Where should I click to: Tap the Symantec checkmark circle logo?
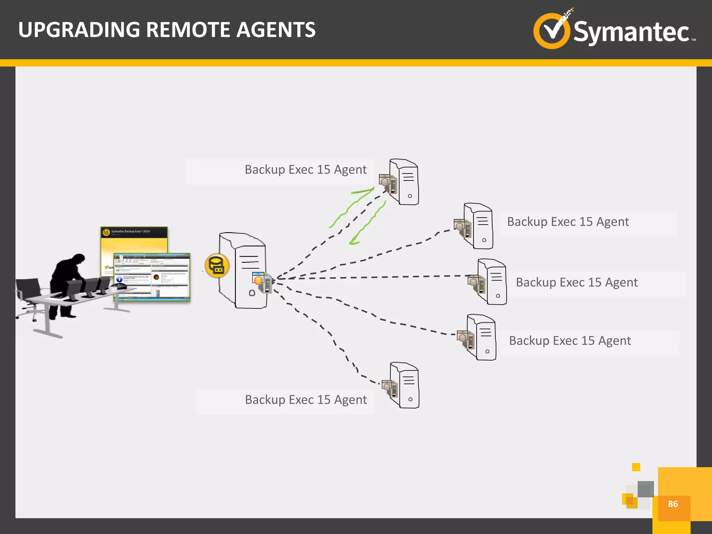[552, 31]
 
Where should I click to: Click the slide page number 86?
[673, 504]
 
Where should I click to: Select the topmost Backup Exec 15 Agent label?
[305, 170]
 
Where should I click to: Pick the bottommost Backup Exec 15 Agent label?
[306, 400]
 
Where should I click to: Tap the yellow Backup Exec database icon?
[217, 266]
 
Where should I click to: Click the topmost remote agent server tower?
[404, 181]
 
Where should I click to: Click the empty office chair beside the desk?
[28, 296]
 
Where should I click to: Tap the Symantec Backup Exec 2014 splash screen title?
[130, 232]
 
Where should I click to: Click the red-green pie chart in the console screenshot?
[156, 277]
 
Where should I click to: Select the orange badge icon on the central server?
[258, 280]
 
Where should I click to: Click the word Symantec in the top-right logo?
[631, 32]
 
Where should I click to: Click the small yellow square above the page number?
[636, 467]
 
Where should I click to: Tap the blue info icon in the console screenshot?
[119, 279]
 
